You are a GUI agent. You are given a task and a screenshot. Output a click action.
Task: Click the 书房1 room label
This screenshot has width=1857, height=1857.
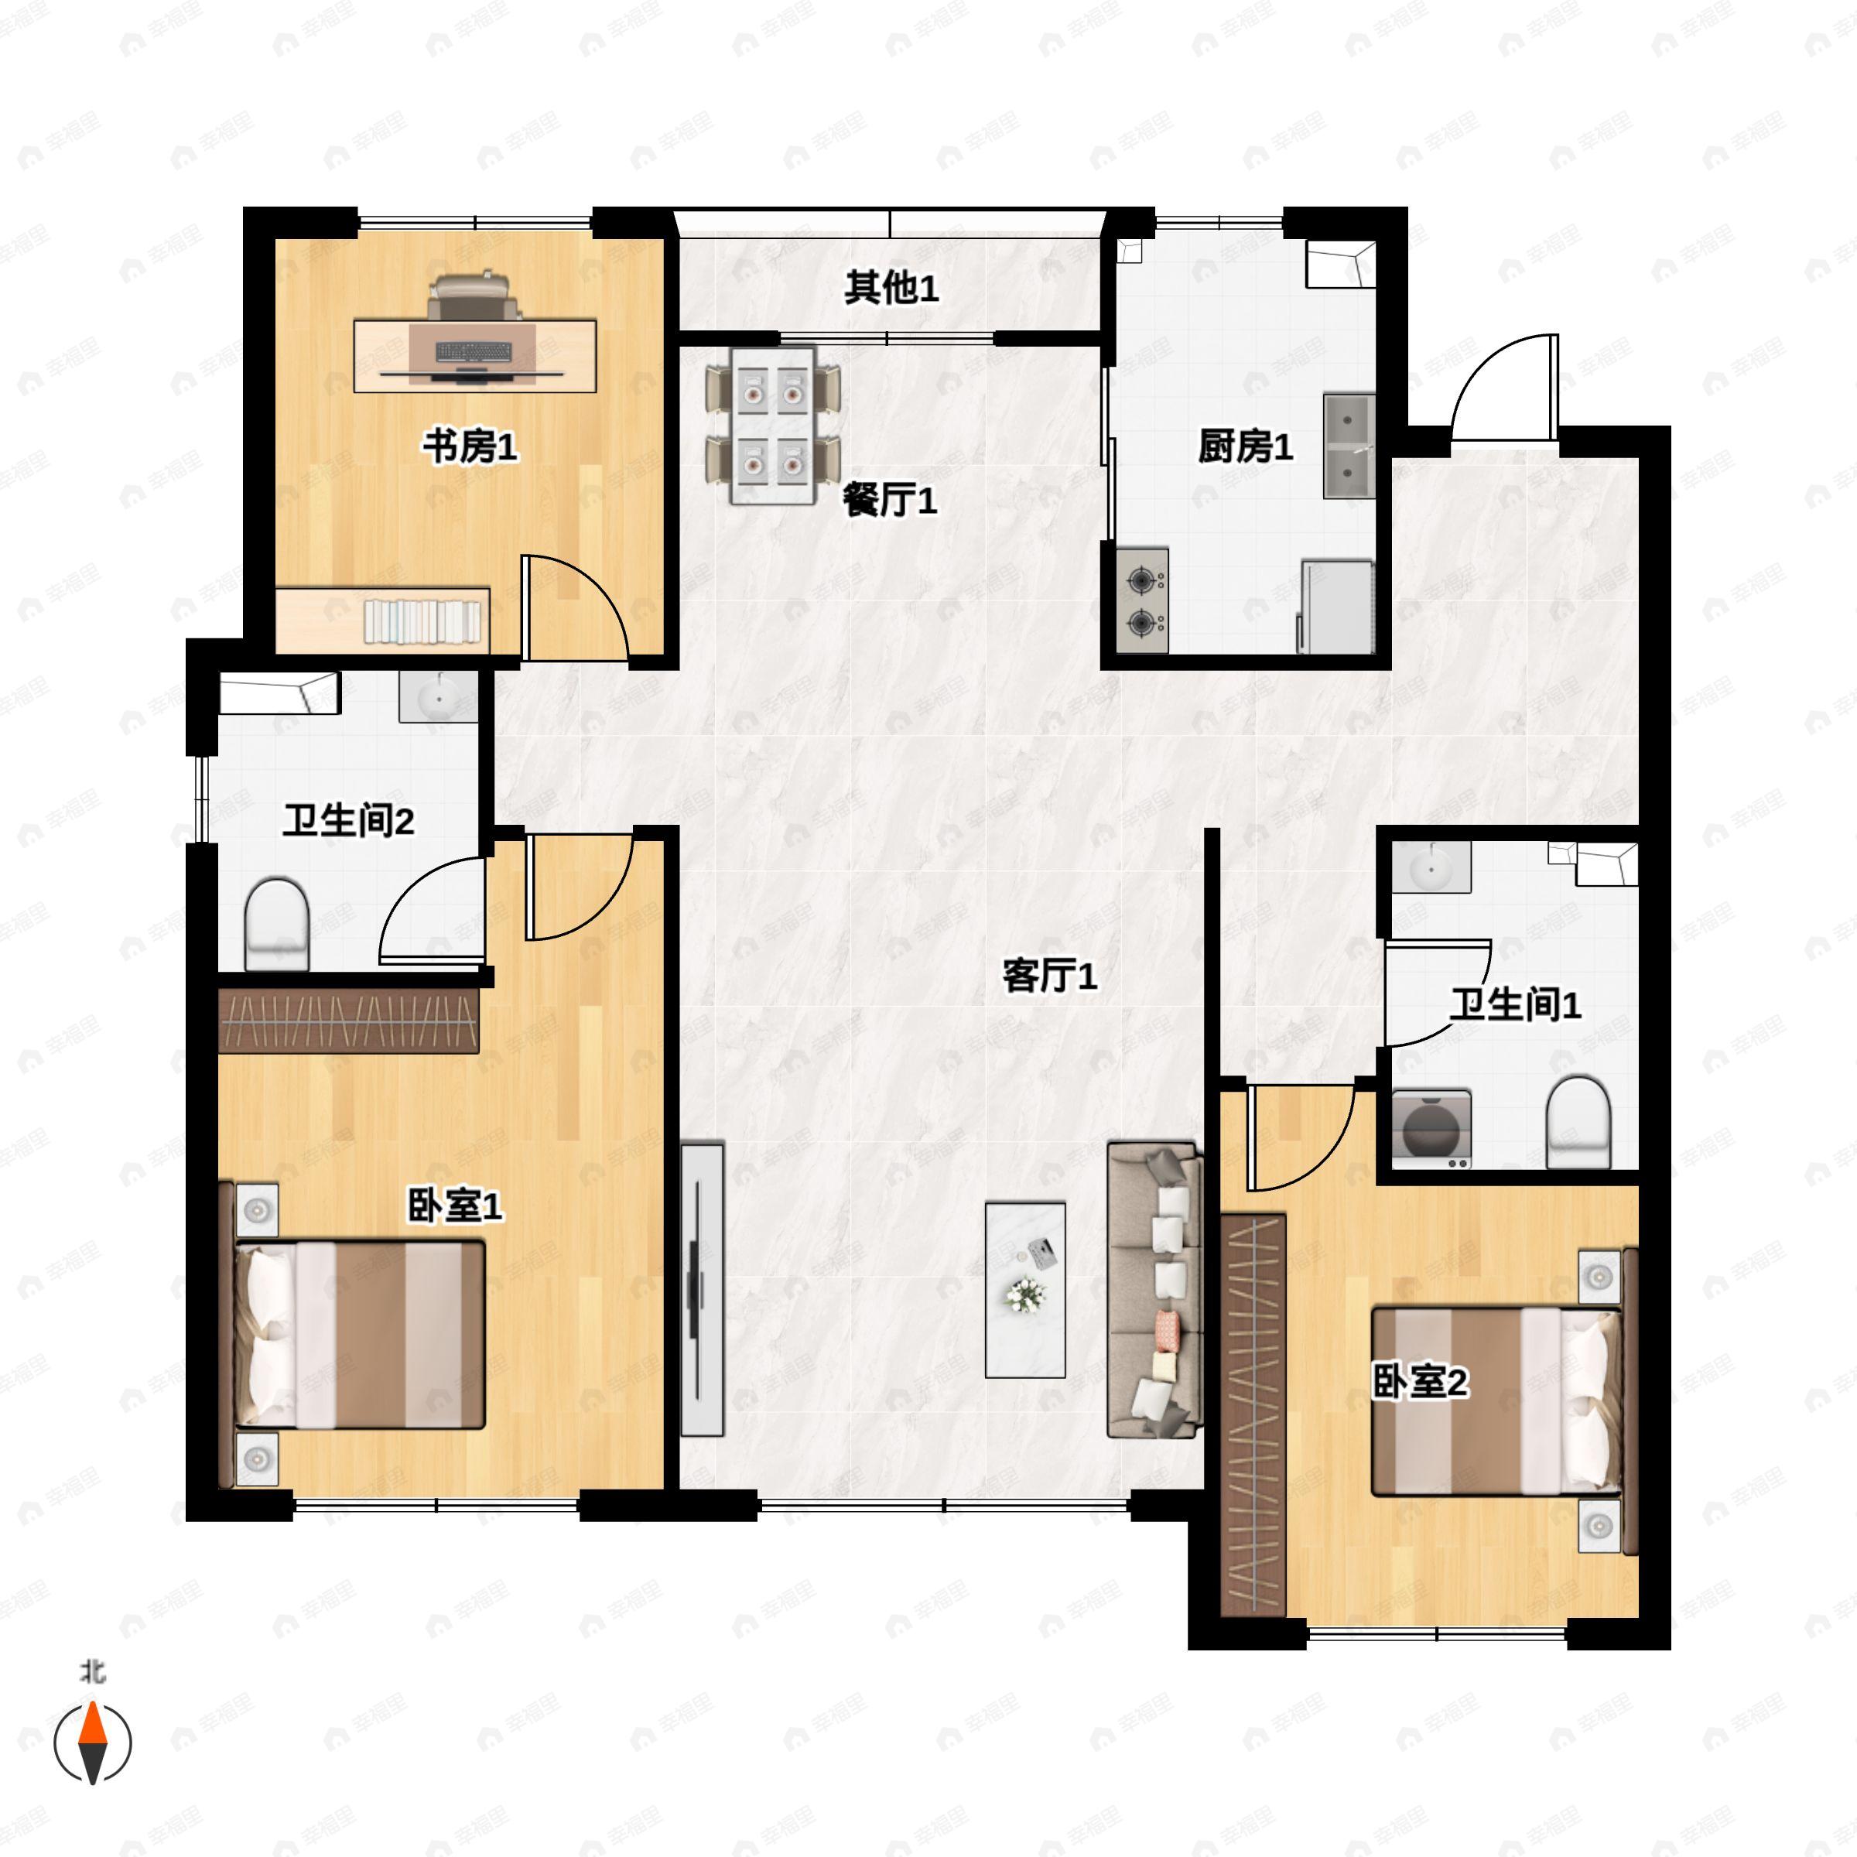470,447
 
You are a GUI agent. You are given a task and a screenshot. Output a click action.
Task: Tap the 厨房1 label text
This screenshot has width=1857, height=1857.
1245,447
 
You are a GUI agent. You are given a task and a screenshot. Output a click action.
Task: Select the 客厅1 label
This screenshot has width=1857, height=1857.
1050,976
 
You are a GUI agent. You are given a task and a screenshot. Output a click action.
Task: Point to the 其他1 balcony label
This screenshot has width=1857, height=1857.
891,289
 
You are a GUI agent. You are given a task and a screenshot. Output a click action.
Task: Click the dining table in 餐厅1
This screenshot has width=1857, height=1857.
773,425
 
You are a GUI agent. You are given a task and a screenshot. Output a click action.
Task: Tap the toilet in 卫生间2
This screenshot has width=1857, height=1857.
277,924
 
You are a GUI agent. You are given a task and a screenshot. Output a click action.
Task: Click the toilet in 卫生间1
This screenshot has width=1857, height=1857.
1578,1122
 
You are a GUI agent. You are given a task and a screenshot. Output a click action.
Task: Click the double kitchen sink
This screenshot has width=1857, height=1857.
1349,445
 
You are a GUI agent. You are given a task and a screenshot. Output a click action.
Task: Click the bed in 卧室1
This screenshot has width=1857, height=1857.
361,1334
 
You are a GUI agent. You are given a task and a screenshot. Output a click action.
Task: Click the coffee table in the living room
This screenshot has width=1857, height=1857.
1025,1290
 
